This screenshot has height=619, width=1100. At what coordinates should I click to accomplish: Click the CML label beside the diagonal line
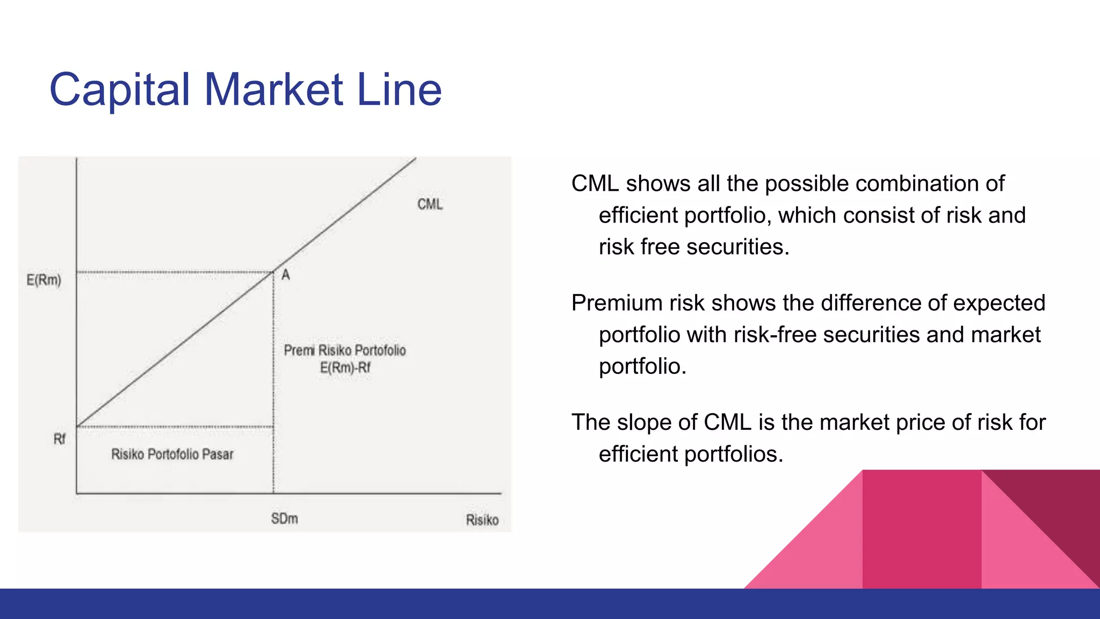pos(430,204)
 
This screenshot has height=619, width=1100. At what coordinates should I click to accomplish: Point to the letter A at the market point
pos(286,275)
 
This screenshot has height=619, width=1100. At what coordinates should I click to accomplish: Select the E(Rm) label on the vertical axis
pos(44,280)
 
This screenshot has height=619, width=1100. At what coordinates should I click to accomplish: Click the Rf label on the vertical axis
pos(59,440)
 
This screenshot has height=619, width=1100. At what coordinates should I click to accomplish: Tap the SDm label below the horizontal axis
pos(284,519)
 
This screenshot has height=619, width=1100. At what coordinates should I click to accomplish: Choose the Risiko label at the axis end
pos(482,520)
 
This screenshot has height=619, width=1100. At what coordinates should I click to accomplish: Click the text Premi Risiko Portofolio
pos(345,350)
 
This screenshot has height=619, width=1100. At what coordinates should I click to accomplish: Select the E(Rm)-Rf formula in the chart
pos(345,368)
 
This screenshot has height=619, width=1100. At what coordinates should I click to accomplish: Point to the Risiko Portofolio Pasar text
pos(172,455)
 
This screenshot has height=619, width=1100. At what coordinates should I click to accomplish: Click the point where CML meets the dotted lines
pos(273,272)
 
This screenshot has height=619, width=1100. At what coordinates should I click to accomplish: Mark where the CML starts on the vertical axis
pos(77,426)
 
